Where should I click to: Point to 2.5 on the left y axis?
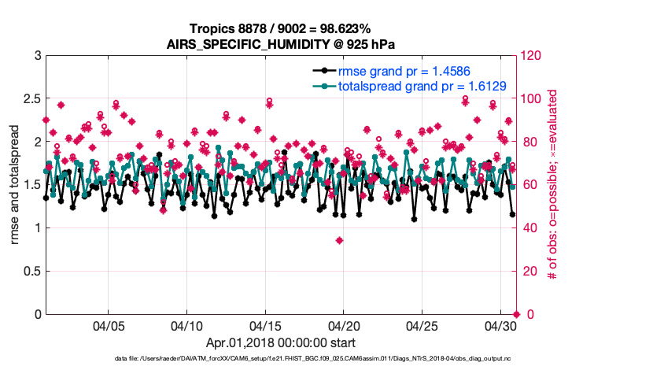pyautogui.click(x=30, y=99)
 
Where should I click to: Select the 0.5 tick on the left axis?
pyautogui.click(x=30, y=272)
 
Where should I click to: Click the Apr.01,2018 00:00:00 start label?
pyautogui.click(x=280, y=343)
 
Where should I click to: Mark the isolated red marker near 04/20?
pyautogui.click(x=339, y=240)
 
